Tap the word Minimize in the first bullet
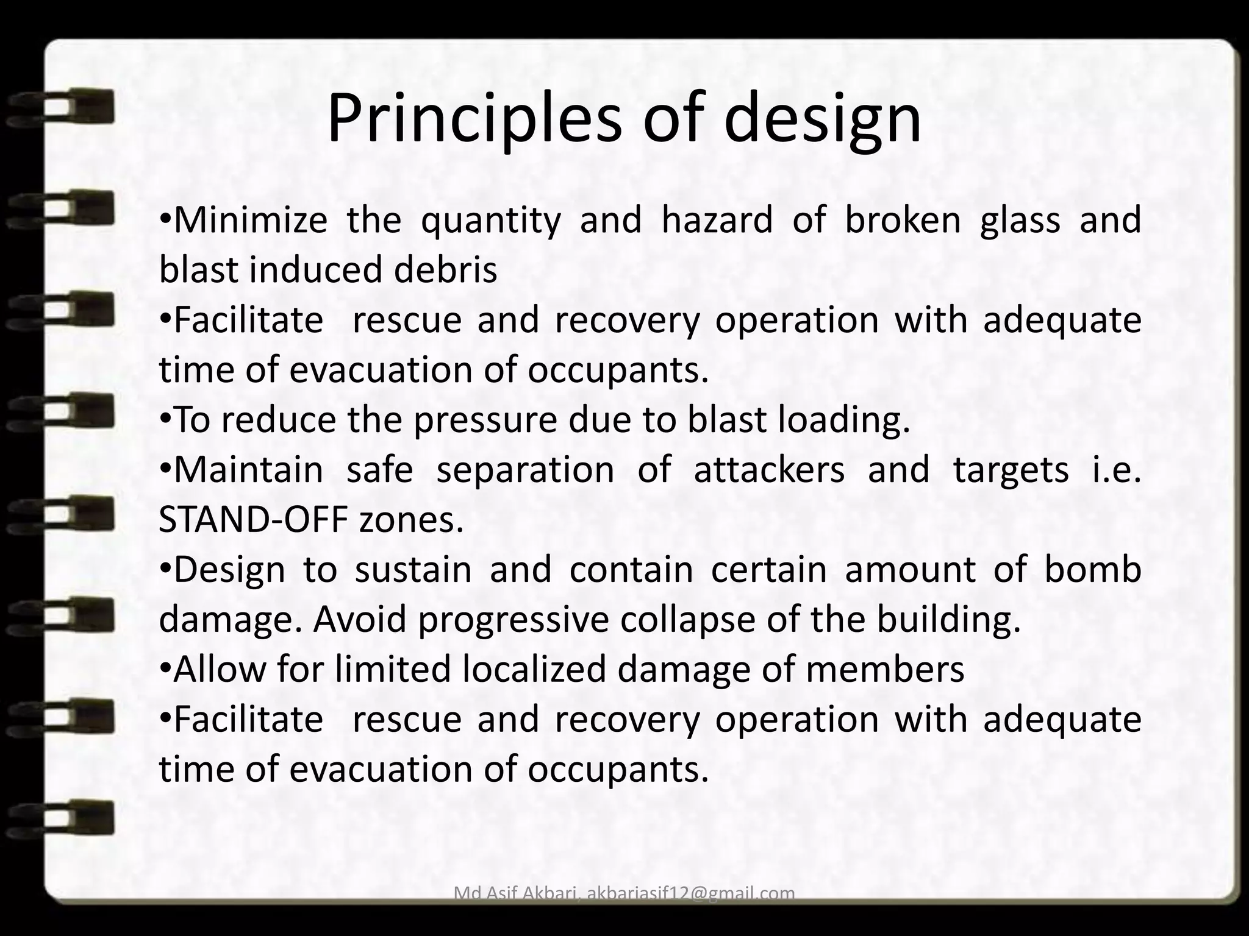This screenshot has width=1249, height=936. coord(251,220)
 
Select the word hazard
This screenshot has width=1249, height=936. coord(717,220)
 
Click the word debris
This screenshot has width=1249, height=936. coord(445,270)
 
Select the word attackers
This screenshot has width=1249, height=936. coord(769,470)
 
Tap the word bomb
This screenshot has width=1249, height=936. coord(1093,570)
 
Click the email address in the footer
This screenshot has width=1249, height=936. coord(691,893)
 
